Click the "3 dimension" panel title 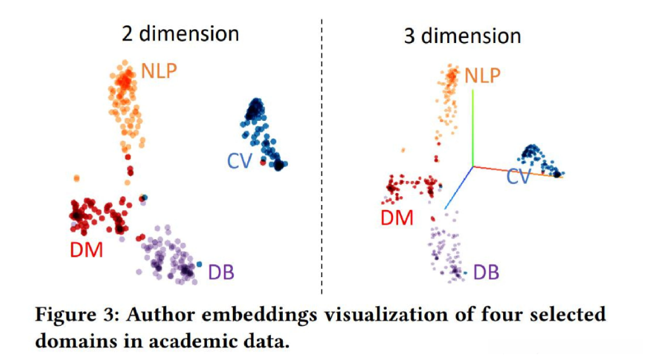click(462, 35)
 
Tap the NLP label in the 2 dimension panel click(159, 70)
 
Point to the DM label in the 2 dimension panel click(87, 250)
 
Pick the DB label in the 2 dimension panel click(221, 272)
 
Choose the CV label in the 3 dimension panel click(519, 177)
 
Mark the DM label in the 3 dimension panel click(397, 218)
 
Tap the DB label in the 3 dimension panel click(486, 273)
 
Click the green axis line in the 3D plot click(473, 127)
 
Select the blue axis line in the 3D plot click(457, 188)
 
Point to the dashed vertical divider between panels click(322, 158)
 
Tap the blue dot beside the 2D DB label click(199, 264)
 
